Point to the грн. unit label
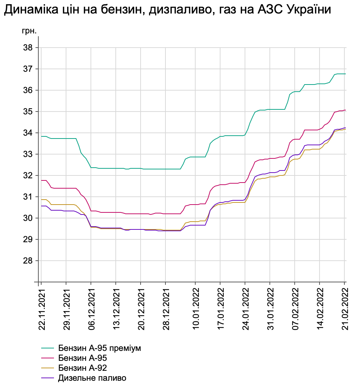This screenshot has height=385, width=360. [29, 31]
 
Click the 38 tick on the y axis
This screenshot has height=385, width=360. [28, 48]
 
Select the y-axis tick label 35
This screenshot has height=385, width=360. [28, 112]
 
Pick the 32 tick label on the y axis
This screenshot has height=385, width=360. [28, 175]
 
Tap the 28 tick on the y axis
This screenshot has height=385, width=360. [28, 261]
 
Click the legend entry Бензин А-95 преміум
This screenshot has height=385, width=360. [99, 348]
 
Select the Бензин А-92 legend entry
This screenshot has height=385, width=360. [82, 368]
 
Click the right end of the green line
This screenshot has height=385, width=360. [345, 74]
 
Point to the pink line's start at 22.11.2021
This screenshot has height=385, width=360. [42, 180]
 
